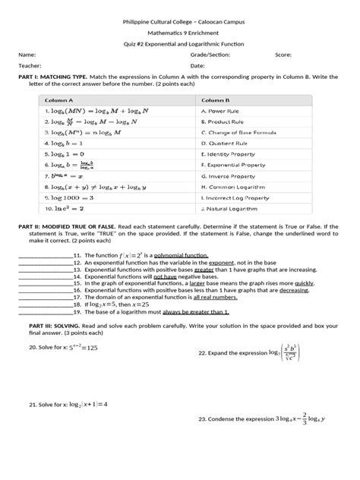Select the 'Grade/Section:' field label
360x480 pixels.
click(x=211, y=55)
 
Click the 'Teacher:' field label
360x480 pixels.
click(x=30, y=65)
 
